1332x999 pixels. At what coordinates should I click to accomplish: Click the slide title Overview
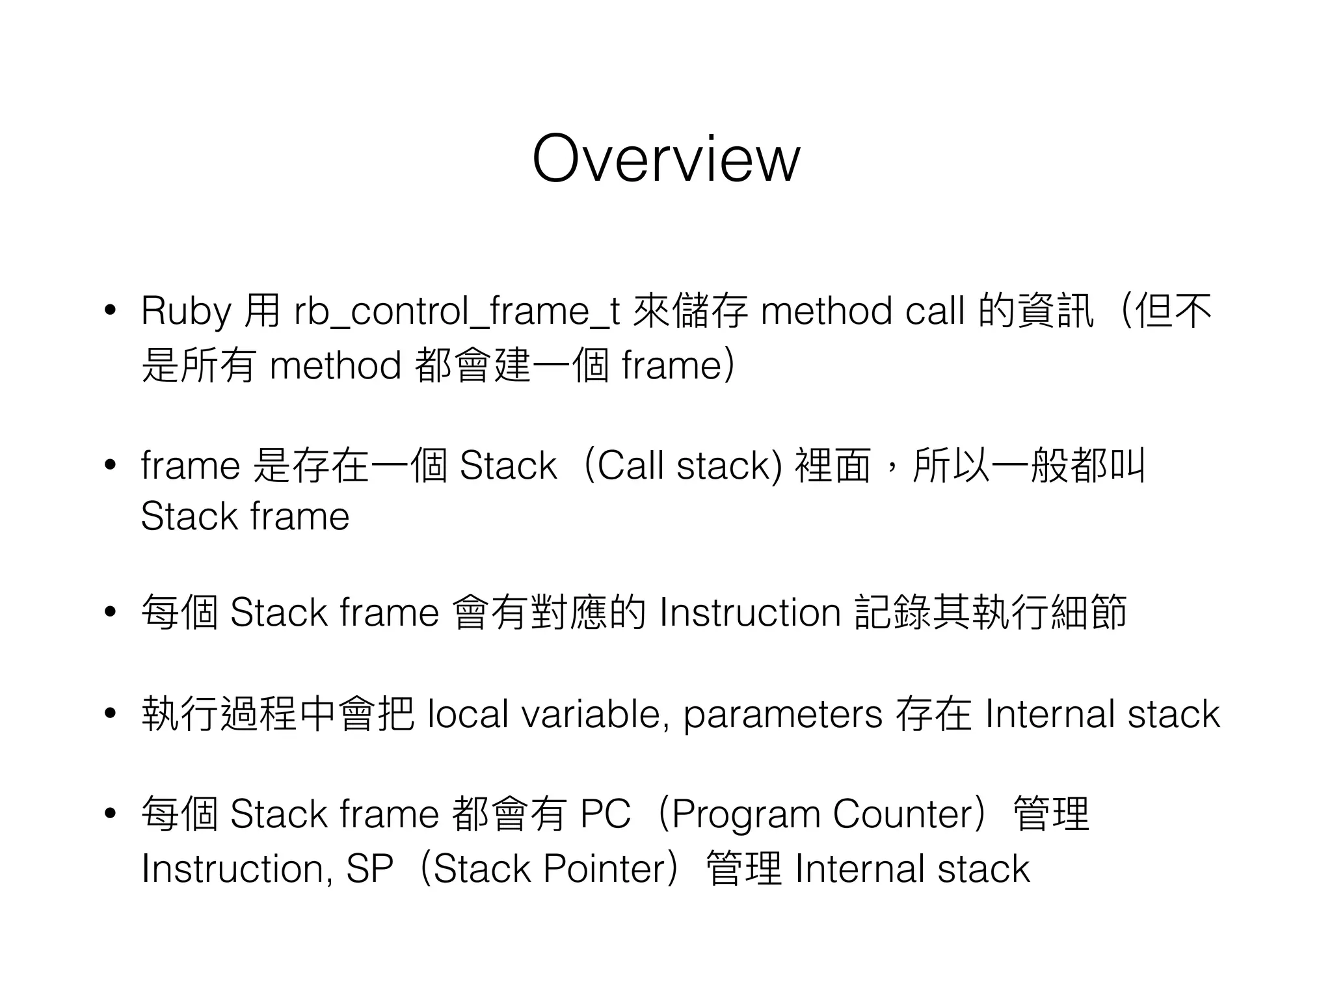coord(665,159)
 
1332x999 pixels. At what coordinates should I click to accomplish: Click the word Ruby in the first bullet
coord(186,312)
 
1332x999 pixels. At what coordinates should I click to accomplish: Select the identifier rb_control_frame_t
coord(456,312)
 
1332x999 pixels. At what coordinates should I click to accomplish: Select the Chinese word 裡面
coord(832,466)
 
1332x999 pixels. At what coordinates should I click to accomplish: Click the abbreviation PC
coord(605,814)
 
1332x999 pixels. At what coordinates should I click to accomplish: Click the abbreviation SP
coord(369,869)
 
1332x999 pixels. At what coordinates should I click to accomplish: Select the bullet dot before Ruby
coord(110,310)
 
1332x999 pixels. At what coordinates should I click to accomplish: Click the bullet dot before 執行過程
coord(110,713)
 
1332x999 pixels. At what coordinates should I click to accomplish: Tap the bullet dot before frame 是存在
coord(110,465)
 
